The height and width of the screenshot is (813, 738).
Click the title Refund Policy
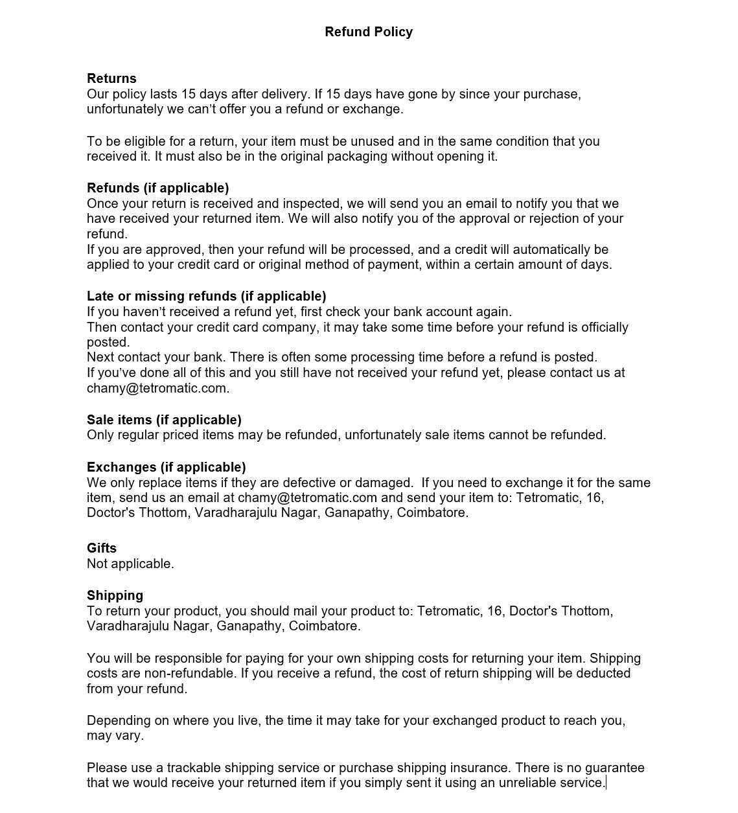point(369,32)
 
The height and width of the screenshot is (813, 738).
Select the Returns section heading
point(111,78)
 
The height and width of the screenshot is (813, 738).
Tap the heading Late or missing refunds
point(206,296)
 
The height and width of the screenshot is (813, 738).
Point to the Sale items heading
point(164,420)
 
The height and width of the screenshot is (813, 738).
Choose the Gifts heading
point(102,548)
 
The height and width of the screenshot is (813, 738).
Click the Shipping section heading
point(115,595)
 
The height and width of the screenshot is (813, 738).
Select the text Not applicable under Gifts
point(130,564)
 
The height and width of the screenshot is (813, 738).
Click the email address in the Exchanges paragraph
point(307,498)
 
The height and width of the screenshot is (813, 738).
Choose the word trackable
point(194,768)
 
